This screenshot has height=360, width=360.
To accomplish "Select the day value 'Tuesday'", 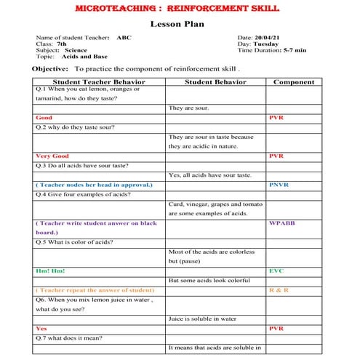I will (x=263, y=44).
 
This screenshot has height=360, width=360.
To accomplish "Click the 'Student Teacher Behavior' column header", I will (x=97, y=82).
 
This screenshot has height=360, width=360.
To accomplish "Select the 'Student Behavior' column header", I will (x=215, y=82).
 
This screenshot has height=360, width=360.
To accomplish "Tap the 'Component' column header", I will (x=293, y=82).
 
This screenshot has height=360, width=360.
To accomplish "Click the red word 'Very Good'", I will (x=52, y=156).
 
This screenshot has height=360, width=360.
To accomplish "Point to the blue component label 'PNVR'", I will (x=279, y=185).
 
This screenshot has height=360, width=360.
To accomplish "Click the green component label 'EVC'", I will (x=276, y=271).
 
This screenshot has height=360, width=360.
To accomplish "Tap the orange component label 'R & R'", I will (x=279, y=289).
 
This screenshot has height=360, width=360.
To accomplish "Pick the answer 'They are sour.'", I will (x=189, y=108).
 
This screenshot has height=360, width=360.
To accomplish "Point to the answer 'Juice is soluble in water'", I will (x=203, y=318).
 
